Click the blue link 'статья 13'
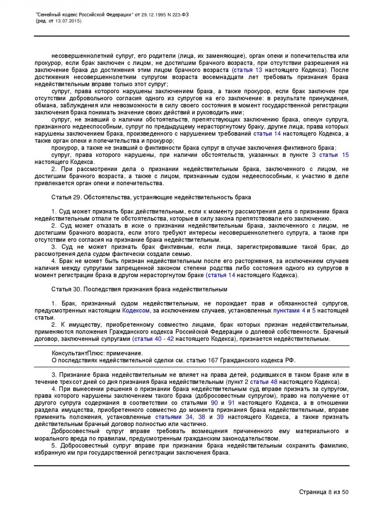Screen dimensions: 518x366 pos(248,70)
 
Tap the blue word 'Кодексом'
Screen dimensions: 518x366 pos(135,310)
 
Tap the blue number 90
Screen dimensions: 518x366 pos(214,402)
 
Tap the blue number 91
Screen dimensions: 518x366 pos(231,402)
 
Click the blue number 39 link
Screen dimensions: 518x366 pos(220,417)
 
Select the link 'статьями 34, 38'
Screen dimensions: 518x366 pos(180,417)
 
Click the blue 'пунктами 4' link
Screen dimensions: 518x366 pos(289,310)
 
